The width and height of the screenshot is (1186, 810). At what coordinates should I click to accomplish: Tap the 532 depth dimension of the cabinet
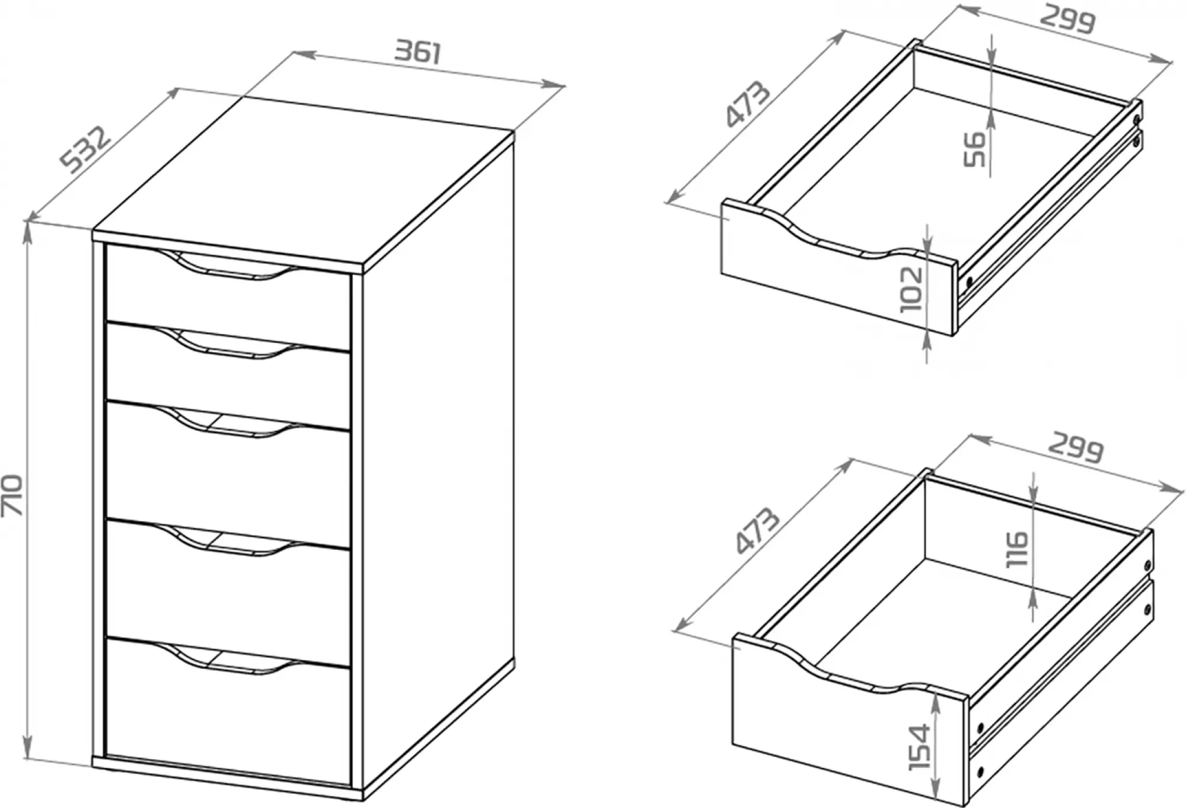click(x=87, y=150)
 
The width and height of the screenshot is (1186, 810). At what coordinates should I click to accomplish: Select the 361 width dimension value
click(x=419, y=52)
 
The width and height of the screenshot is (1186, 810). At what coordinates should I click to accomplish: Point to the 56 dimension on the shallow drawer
click(x=974, y=149)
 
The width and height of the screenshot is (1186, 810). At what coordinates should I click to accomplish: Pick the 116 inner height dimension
click(x=1018, y=549)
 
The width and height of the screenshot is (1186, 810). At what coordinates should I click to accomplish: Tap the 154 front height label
click(x=919, y=747)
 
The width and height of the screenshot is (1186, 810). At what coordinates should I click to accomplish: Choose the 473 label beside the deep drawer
click(x=757, y=530)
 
